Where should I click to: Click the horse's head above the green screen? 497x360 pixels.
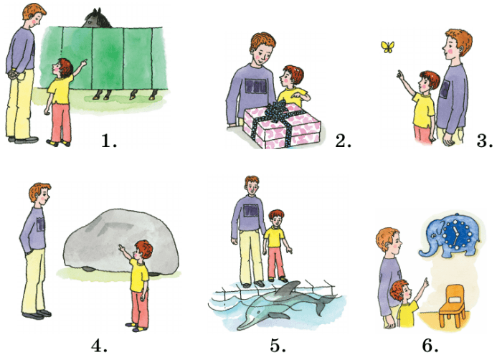click(x=97, y=19)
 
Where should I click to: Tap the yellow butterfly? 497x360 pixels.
click(x=388, y=47)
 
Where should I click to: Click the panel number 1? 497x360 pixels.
click(x=109, y=141)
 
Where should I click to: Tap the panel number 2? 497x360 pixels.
click(x=343, y=141)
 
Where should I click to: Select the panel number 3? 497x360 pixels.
click(x=484, y=141)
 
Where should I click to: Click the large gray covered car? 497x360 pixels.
click(x=121, y=242)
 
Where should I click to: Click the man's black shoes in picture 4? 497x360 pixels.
click(x=37, y=315)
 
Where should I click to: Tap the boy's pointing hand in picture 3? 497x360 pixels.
click(x=400, y=75)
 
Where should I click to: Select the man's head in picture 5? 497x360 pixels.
click(x=252, y=186)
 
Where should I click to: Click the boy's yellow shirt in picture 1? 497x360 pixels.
click(x=61, y=89)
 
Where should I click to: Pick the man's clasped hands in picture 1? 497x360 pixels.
click(x=13, y=74)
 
